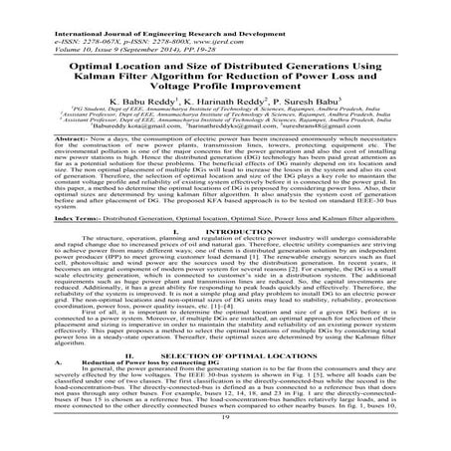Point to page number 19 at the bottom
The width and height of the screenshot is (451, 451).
[x=225, y=445]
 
